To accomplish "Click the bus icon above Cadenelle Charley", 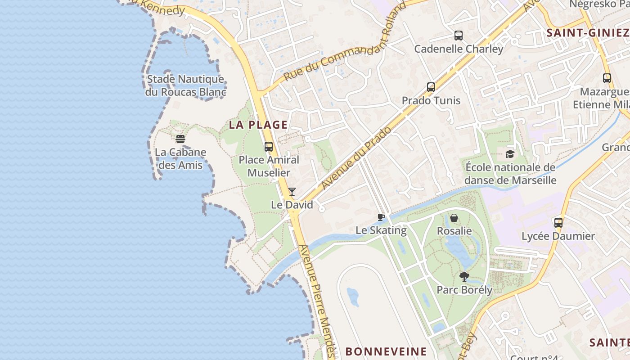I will click(x=459, y=35).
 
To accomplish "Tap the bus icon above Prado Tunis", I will click(x=431, y=87).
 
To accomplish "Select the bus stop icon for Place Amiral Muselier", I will click(x=269, y=146).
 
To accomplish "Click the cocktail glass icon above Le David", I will click(x=292, y=192).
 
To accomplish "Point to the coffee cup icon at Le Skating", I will click(x=381, y=217).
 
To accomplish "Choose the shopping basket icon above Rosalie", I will click(x=454, y=218).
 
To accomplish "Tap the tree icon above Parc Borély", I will click(x=464, y=276).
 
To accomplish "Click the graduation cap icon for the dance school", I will click(x=510, y=154).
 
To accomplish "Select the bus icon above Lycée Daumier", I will click(x=558, y=222).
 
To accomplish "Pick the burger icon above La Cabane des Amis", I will click(x=180, y=139).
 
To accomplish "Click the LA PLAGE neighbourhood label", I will click(x=258, y=125).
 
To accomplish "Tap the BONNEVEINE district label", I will click(x=386, y=351).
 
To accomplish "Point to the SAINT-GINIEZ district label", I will click(x=587, y=32).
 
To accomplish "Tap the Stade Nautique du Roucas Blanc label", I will click(x=185, y=85).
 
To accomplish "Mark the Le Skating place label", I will click(x=381, y=230).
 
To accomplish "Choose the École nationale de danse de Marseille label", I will click(x=510, y=174).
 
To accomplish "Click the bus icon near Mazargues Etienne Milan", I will click(x=607, y=78).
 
